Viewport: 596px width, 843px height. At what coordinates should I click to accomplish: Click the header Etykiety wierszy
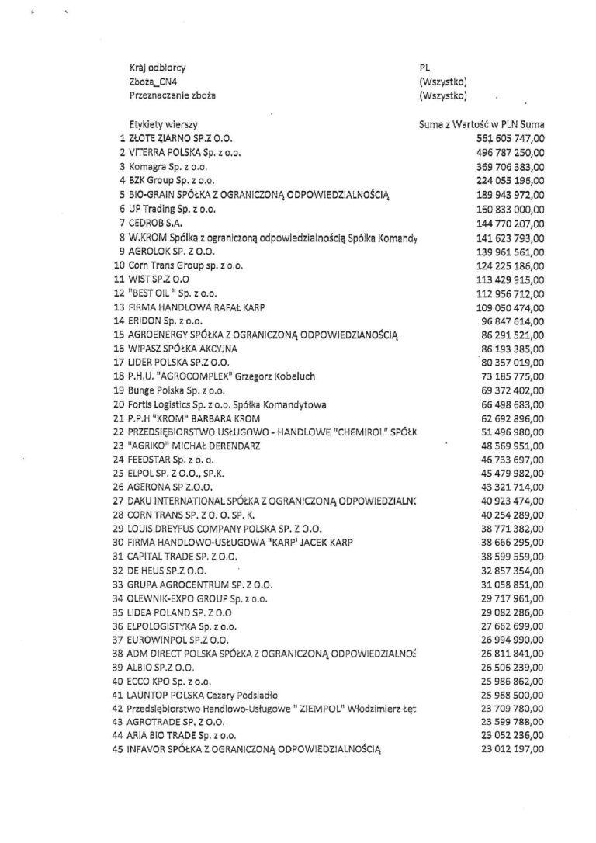[163, 123]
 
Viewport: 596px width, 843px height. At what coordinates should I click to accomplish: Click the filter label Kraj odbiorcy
[158, 68]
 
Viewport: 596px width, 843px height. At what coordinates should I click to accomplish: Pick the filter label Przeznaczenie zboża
[173, 95]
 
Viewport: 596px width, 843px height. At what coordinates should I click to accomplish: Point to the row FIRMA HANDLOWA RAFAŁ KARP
[197, 307]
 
